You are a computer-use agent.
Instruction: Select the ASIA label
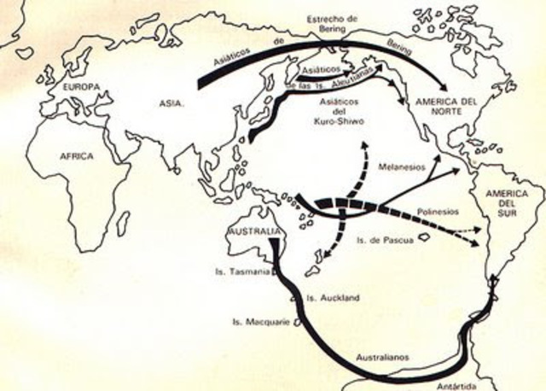point(171,104)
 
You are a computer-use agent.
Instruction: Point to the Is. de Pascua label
point(382,242)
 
